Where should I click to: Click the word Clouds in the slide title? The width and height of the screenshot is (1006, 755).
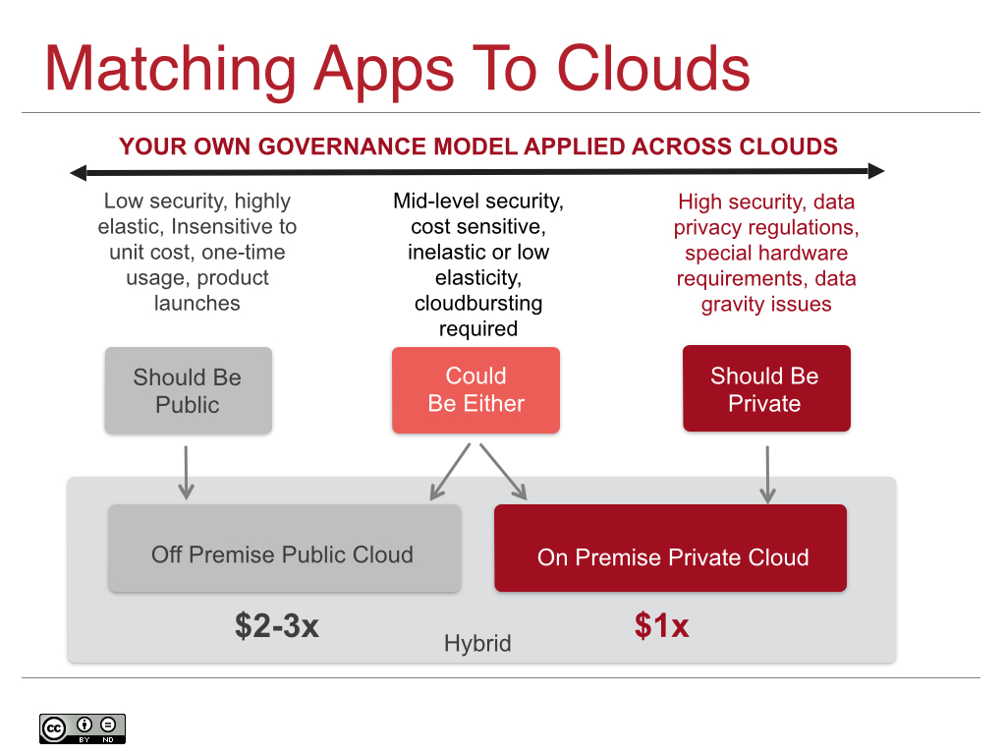point(653,69)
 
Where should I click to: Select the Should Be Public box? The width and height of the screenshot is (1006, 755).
point(188,390)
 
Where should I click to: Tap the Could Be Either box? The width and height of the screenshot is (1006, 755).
point(475,390)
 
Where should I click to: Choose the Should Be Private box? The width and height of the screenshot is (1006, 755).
point(765,389)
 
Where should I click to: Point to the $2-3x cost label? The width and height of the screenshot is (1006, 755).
point(276,625)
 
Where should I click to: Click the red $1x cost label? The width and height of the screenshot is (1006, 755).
point(660,625)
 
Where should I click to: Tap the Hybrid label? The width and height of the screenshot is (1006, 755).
point(477,644)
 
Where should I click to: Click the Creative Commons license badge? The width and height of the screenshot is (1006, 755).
point(83,727)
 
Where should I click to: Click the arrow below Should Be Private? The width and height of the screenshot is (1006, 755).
point(767,475)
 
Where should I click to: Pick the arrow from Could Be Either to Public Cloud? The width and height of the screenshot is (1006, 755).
point(450,472)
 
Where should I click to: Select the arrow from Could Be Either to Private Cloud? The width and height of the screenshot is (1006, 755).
point(504,472)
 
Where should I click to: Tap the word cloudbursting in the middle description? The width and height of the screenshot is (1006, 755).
point(478,303)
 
